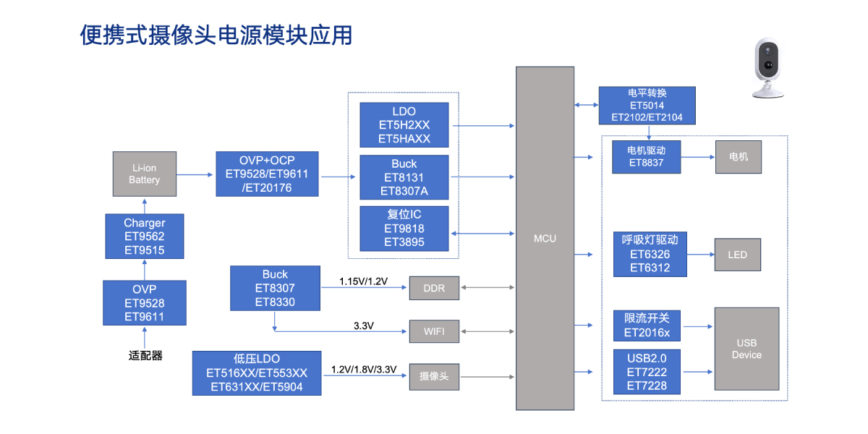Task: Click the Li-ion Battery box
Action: point(144,174)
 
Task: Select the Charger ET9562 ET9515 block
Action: point(144,237)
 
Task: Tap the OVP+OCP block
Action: point(267,174)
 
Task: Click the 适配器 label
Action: point(145,356)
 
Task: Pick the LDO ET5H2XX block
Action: point(404,125)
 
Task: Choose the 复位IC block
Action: point(404,229)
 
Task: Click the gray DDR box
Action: point(434,288)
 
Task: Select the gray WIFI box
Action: point(434,332)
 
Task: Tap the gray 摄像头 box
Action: point(434,376)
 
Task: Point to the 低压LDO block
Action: point(257,373)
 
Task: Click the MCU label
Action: point(545,238)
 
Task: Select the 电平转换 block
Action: point(647,106)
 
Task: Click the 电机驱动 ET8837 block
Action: point(646,157)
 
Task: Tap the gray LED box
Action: point(738,255)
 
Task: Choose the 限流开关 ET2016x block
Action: point(647,325)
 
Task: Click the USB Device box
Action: point(746,349)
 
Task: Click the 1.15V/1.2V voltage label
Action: point(364,281)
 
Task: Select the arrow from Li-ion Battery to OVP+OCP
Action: point(195,174)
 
